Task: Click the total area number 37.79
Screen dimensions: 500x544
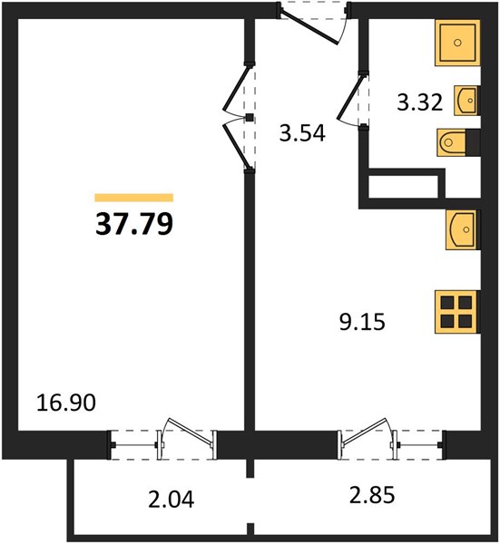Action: (134, 224)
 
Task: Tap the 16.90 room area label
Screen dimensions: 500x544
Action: (66, 403)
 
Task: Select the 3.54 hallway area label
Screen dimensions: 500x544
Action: (302, 133)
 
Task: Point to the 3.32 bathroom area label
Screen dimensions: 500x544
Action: (420, 102)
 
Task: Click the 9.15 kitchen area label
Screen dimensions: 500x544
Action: (362, 322)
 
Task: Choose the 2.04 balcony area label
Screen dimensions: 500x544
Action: (171, 500)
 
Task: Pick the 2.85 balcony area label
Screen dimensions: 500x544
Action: (372, 495)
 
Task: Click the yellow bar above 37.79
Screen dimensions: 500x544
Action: (134, 198)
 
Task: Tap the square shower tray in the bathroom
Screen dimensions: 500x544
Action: (457, 43)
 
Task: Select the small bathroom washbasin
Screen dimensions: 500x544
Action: (467, 101)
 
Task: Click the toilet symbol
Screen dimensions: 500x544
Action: (458, 142)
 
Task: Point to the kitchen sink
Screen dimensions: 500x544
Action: (463, 229)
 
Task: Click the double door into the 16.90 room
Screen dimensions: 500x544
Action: (236, 117)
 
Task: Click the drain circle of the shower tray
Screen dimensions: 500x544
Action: (457, 43)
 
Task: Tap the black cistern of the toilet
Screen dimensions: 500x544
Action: (473, 142)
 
